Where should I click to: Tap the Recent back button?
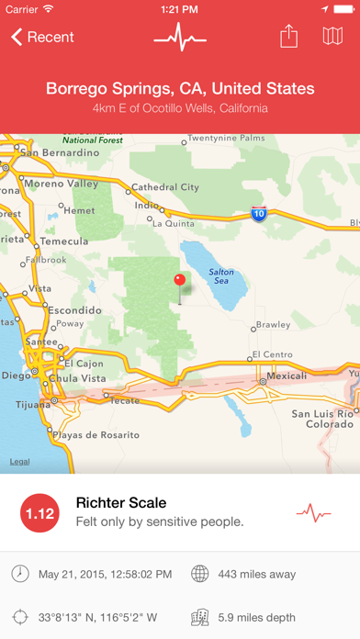(42, 38)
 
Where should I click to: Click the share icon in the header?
(288, 37)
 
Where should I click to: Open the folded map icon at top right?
(333, 37)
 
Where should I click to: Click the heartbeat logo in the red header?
(180, 37)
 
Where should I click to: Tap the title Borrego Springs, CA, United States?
(180, 89)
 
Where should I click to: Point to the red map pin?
(180, 281)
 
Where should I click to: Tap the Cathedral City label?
(165, 187)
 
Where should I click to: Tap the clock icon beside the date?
(20, 574)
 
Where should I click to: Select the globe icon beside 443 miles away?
(200, 574)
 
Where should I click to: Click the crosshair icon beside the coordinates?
(20, 617)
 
